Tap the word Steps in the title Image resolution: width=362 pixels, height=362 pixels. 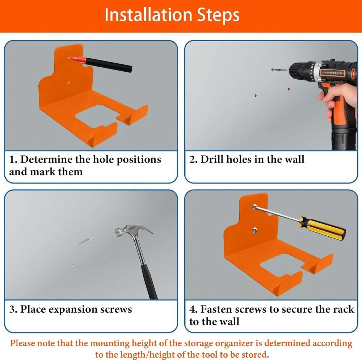pyautogui.click(x=218, y=15)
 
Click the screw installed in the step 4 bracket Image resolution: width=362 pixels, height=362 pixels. pyautogui.click(x=254, y=230)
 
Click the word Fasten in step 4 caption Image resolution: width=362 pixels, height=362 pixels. pyautogui.click(x=220, y=310)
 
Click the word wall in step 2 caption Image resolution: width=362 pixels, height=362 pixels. pyautogui.click(x=293, y=160)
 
